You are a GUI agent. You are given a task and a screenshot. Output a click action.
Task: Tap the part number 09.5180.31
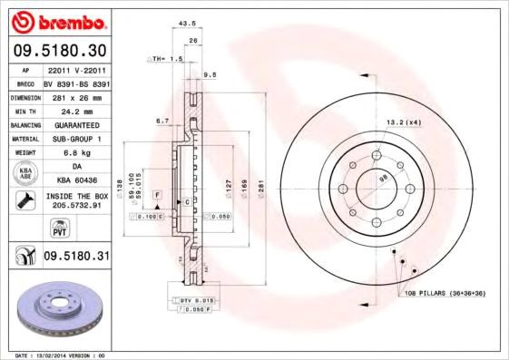click(76, 258)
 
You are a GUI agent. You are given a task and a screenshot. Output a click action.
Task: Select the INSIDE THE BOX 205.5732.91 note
click(76, 201)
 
